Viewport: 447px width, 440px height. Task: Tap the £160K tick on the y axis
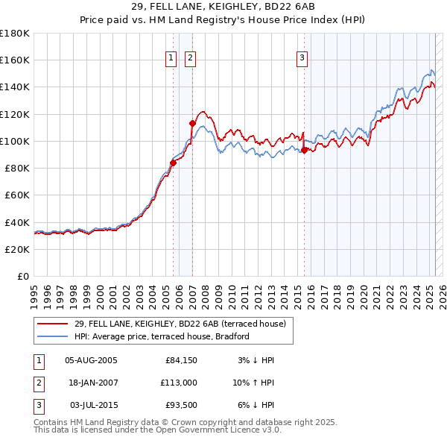coord(15,60)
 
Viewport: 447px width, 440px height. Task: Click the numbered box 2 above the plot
coord(190,57)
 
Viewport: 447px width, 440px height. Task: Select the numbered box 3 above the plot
coord(302,57)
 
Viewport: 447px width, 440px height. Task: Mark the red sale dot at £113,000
coord(192,123)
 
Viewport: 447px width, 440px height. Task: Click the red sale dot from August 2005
coord(173,162)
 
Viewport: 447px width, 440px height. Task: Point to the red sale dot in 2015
coord(304,150)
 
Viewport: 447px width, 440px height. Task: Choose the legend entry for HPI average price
coord(161,336)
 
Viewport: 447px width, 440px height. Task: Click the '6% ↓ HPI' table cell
coord(256,406)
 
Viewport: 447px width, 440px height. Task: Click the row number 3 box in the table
coord(37,406)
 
